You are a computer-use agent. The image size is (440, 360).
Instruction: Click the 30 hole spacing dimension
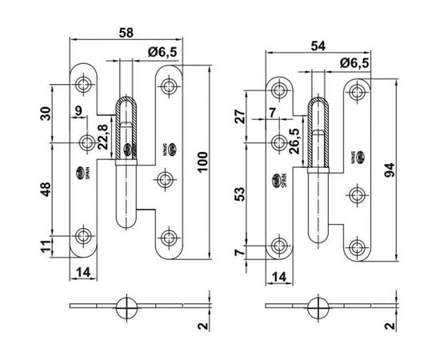point(46,114)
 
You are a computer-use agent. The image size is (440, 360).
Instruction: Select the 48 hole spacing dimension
point(46,190)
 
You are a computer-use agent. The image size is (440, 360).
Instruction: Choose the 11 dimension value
point(46,245)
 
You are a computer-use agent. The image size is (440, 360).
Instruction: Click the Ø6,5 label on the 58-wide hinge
point(162,52)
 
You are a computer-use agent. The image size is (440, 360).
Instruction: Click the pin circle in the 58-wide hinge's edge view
point(126,307)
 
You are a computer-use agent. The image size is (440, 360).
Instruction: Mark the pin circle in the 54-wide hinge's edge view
point(318,307)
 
